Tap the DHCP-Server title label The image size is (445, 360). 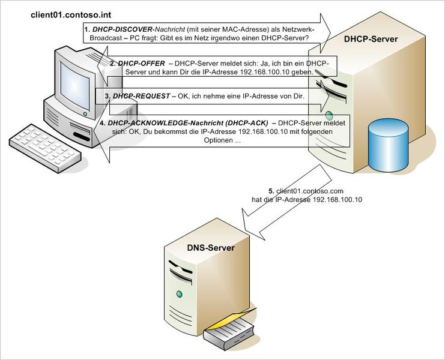point(371,40)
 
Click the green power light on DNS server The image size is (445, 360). point(178,294)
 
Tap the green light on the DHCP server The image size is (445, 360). point(328,114)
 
